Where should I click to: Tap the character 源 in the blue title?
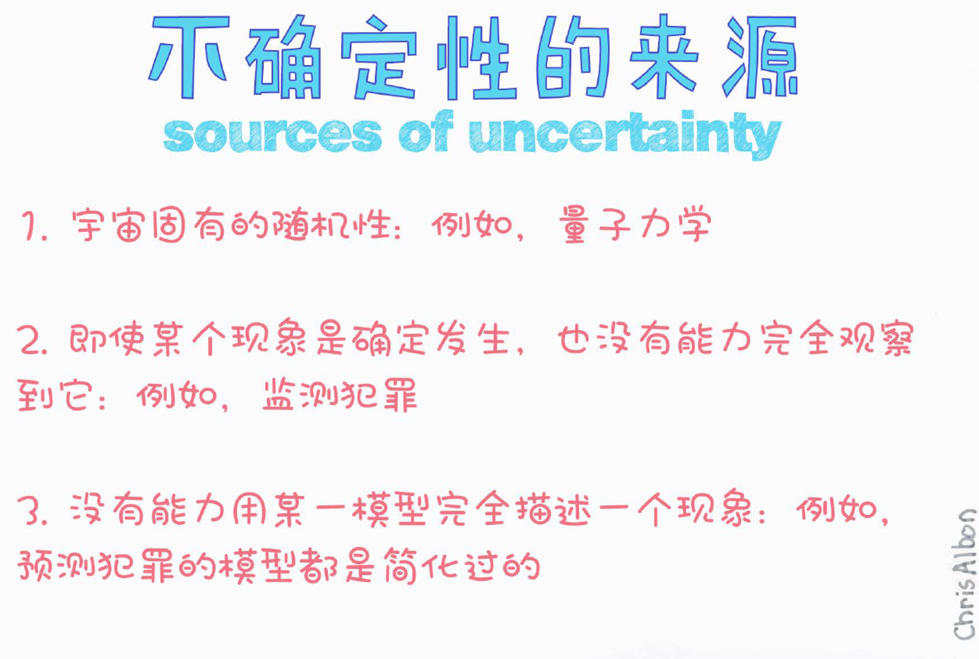(x=760, y=56)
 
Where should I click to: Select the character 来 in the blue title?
(x=664, y=56)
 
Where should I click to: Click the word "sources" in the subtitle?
(x=272, y=134)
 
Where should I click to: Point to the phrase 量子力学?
(x=635, y=224)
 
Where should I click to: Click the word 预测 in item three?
(x=56, y=566)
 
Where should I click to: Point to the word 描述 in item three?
(x=554, y=510)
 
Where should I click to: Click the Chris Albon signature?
(x=964, y=574)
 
